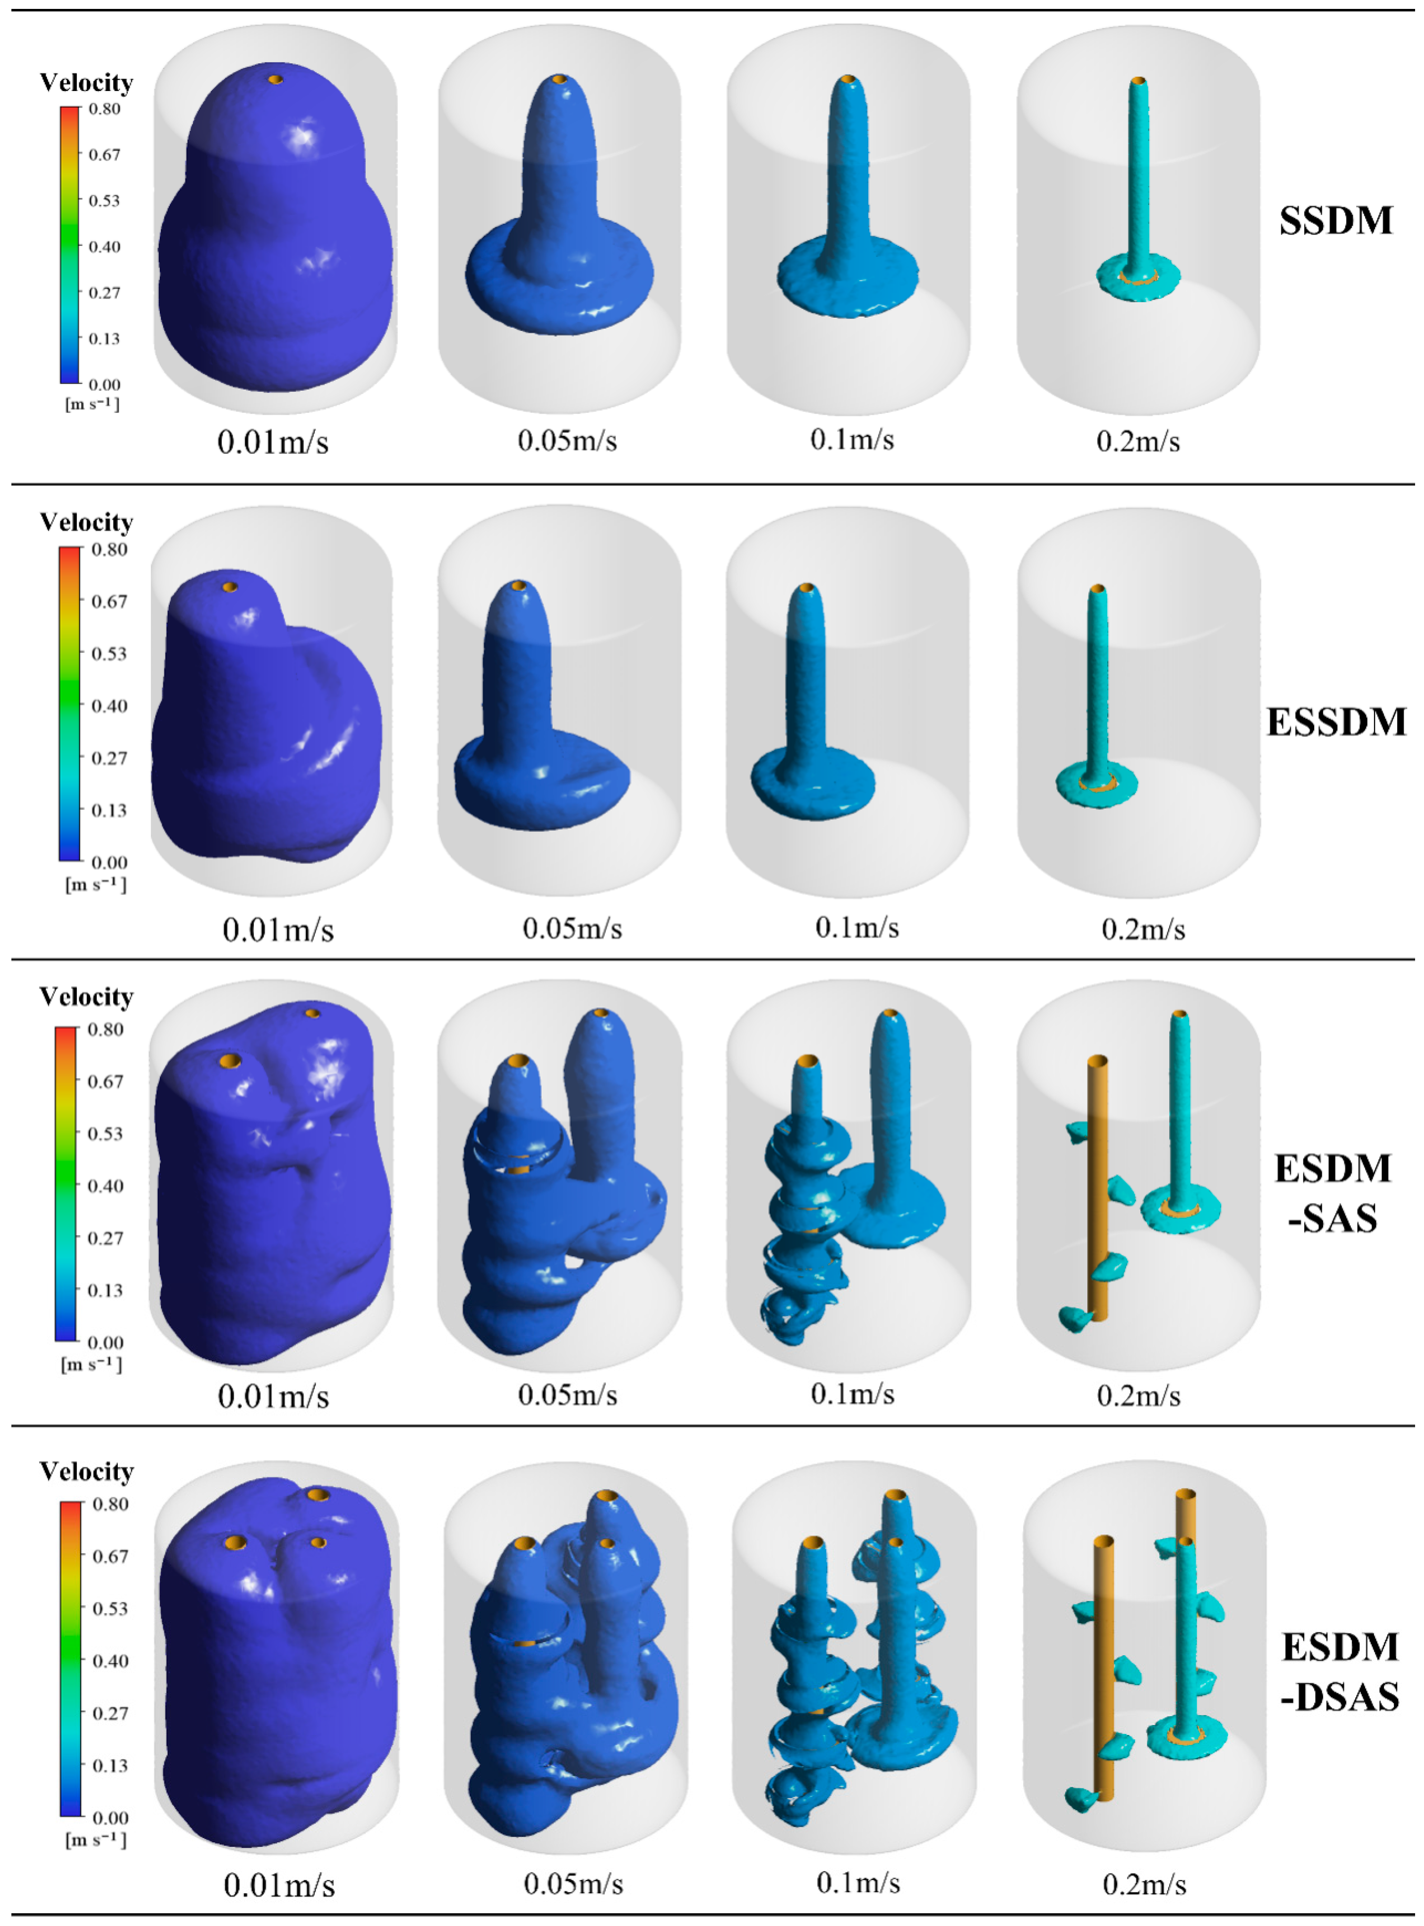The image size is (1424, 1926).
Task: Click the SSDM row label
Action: (1335, 221)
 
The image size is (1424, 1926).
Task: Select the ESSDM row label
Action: (1336, 722)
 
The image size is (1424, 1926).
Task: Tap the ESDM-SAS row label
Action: (1332, 1193)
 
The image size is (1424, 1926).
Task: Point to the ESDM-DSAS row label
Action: (1339, 1671)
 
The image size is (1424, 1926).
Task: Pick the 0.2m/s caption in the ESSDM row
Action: (1143, 929)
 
